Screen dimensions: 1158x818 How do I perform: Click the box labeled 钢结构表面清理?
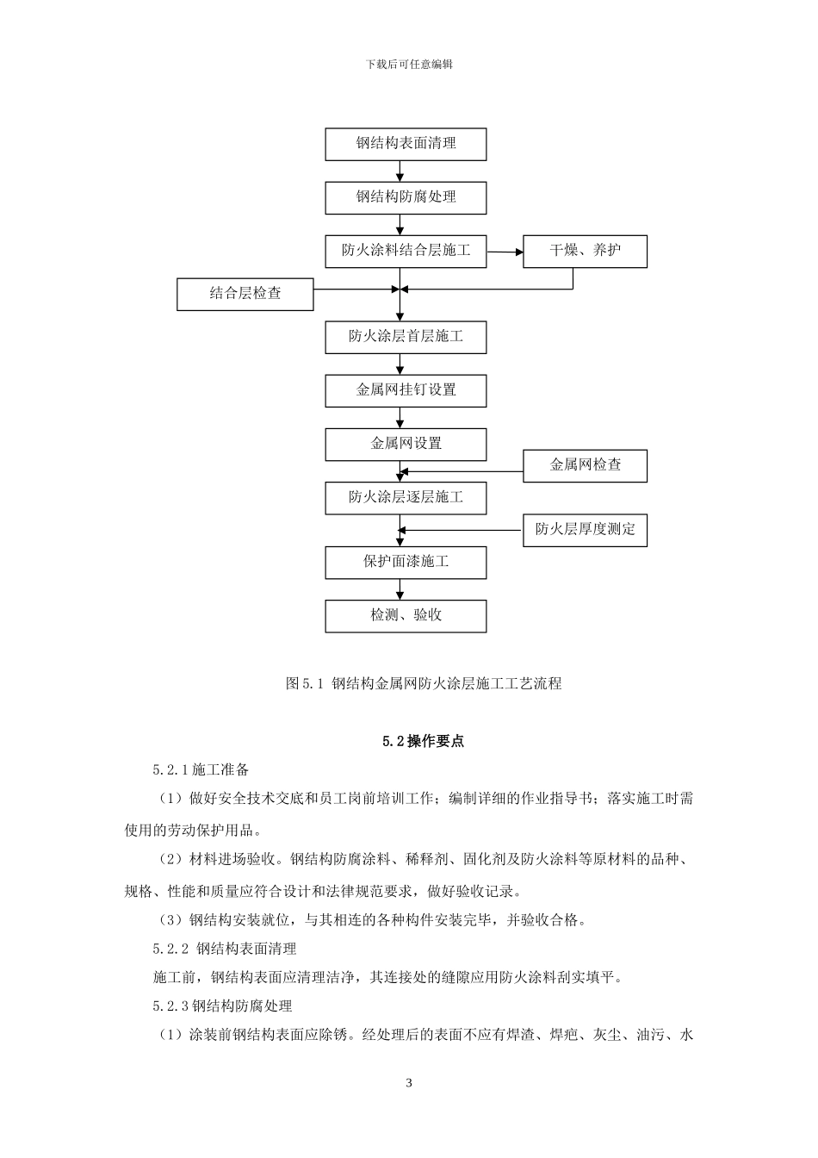(406, 144)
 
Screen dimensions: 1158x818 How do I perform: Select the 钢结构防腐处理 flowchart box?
(406, 197)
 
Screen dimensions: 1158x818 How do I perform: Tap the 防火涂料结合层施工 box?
(406, 251)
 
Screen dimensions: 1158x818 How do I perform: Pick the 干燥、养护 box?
(585, 251)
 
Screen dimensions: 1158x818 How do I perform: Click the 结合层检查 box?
(245, 294)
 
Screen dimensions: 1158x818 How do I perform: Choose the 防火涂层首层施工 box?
(406, 337)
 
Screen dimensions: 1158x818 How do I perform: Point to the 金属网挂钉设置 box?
(406, 390)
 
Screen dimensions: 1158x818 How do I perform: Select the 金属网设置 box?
(406, 445)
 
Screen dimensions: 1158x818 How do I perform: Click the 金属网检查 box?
(585, 465)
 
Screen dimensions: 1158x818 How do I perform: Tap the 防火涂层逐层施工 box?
(406, 498)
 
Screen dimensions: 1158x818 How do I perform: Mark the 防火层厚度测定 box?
(585, 530)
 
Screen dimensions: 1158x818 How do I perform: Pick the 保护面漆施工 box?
(406, 562)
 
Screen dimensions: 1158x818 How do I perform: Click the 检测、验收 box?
(406, 616)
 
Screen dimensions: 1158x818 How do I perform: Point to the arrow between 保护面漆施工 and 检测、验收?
(400, 589)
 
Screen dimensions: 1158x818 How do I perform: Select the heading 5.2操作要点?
(423, 741)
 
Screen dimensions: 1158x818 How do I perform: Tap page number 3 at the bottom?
(409, 1083)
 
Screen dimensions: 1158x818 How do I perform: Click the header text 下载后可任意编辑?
(409, 65)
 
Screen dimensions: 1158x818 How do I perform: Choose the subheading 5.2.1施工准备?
(201, 769)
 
